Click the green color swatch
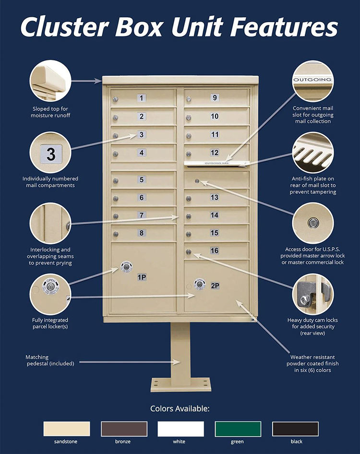(238, 429)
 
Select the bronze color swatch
(124, 429)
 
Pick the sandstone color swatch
(67, 429)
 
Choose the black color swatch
(295, 429)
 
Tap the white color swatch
(181, 429)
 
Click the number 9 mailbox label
(215, 98)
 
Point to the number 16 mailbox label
(214, 251)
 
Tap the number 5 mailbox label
(141, 180)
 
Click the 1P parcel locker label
(142, 277)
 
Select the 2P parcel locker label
(215, 286)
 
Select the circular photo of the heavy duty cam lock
(313, 294)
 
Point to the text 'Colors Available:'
(180, 409)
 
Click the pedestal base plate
(180, 384)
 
